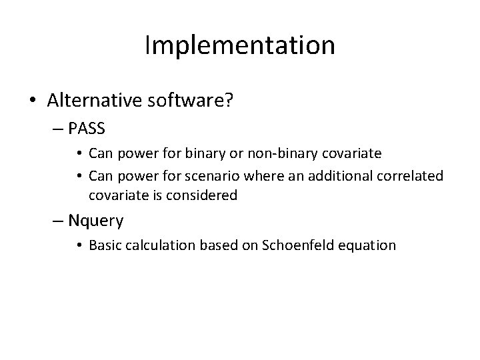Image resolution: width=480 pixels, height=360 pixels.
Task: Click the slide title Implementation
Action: [240, 45]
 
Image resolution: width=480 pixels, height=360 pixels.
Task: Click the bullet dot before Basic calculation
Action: [81, 245]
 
